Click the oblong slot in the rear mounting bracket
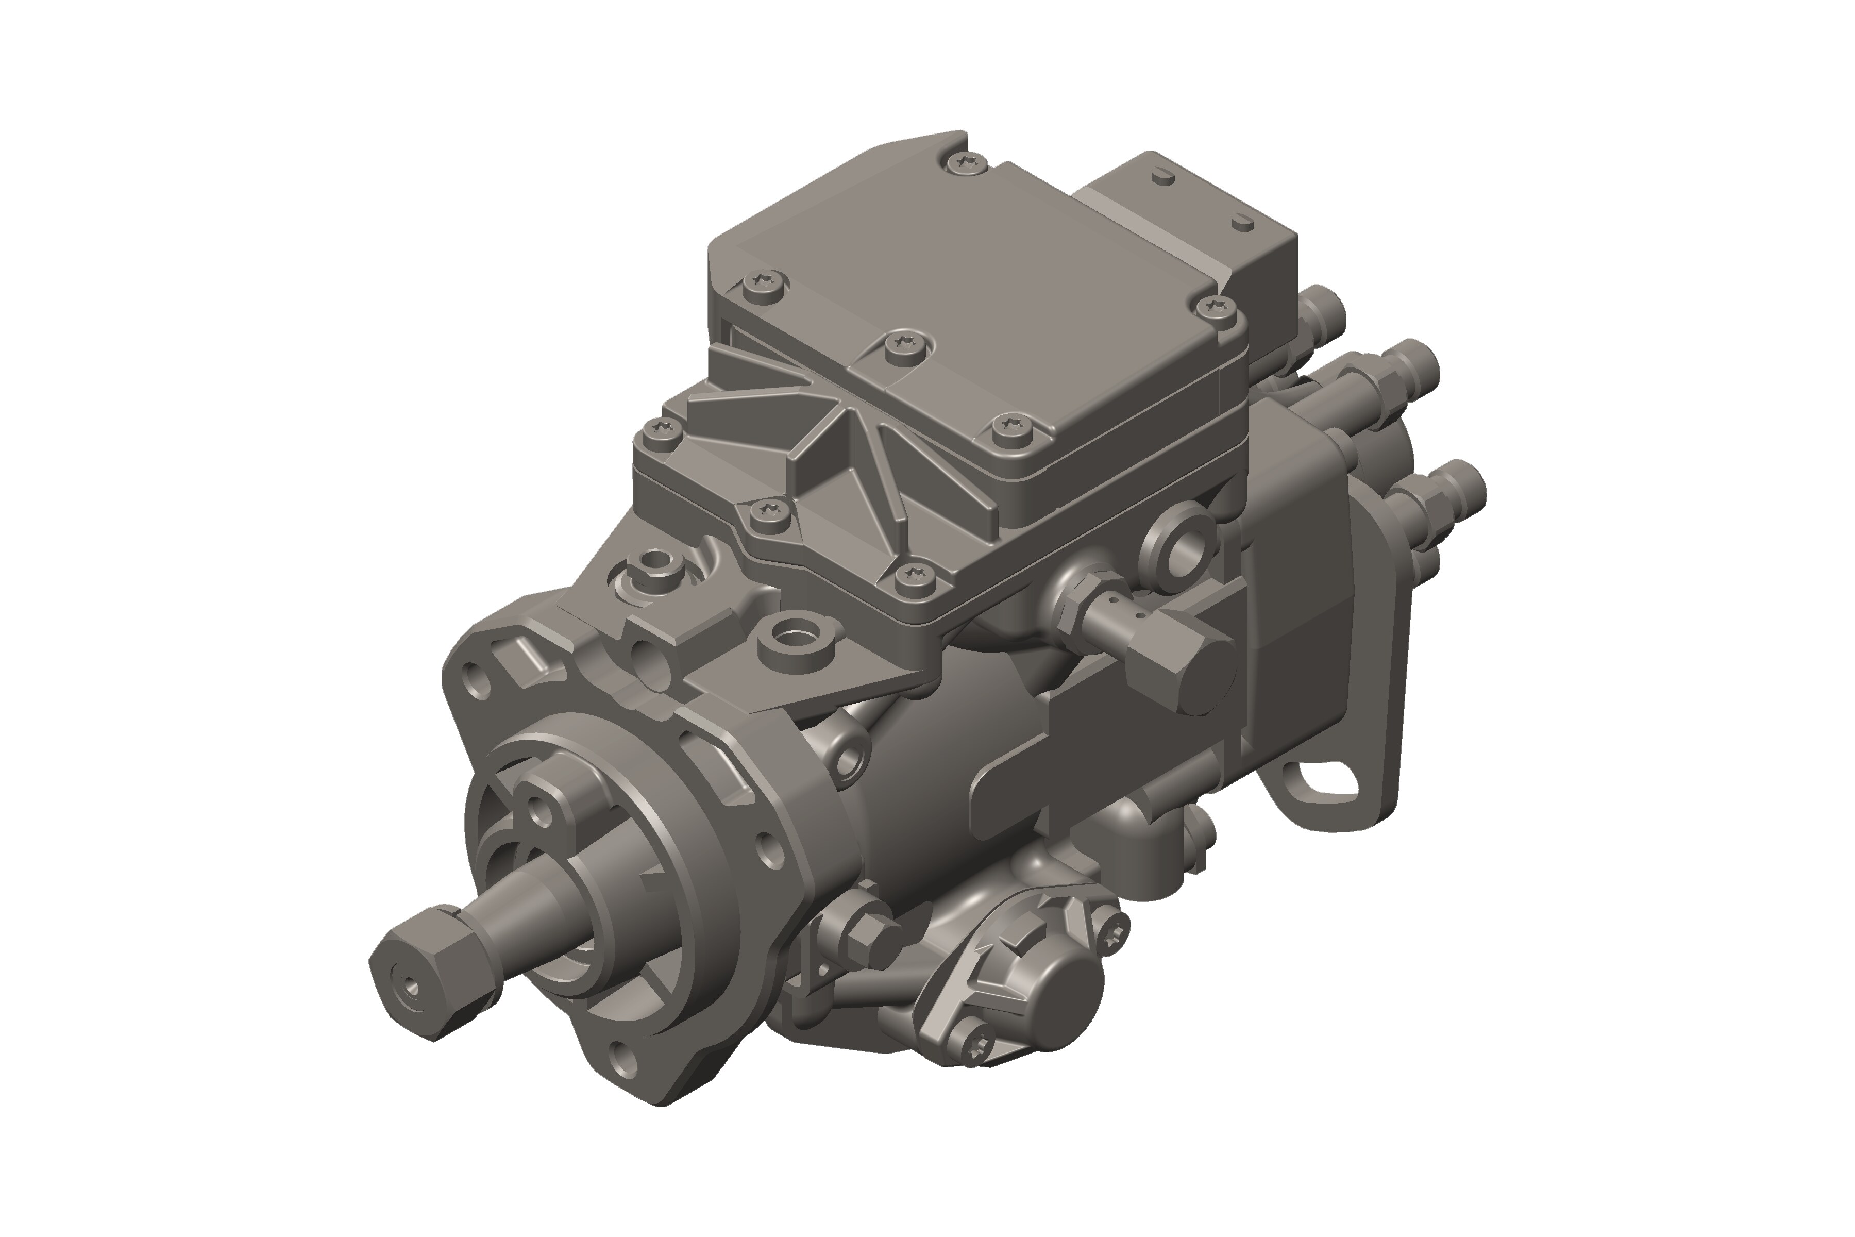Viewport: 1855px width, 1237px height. click(1328, 781)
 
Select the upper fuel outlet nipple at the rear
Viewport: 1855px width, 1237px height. click(1412, 367)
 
